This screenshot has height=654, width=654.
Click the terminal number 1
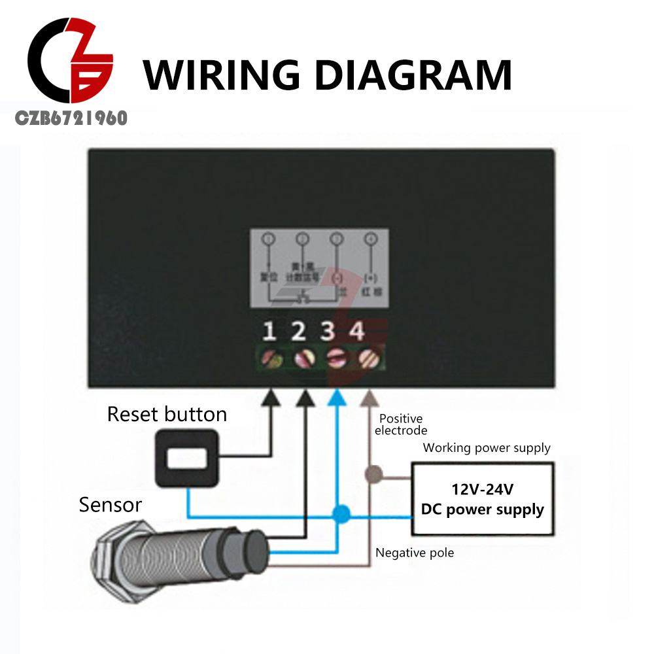coord(269,332)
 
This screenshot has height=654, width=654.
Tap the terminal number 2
coord(299,332)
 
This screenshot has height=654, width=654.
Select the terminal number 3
coord(328,332)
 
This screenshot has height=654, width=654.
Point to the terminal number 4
coord(356,332)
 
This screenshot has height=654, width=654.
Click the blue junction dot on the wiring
coord(339,514)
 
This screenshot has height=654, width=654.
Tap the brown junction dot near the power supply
coord(373,473)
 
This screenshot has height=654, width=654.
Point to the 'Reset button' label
coord(167,414)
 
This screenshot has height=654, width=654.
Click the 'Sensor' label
coord(110,505)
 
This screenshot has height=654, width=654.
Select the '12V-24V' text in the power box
coord(482,489)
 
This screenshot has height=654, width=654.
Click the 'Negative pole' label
coord(415,553)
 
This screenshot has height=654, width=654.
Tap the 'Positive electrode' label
coord(401,424)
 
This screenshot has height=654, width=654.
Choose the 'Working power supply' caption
coord(487,448)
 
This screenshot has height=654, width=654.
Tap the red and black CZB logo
coord(71,65)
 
